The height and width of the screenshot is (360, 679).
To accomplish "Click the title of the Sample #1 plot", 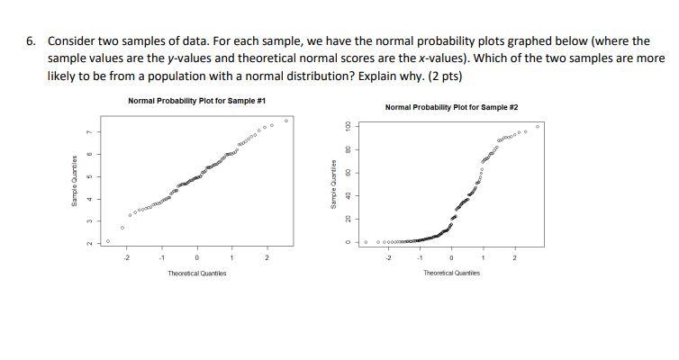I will click(196, 100).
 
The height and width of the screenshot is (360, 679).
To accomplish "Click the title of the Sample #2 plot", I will click(451, 107).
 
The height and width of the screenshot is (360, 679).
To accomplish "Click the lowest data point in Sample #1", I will click(108, 241).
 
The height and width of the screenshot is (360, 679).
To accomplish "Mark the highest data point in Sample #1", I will click(286, 120).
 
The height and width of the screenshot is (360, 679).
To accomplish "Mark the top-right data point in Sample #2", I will click(539, 127).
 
